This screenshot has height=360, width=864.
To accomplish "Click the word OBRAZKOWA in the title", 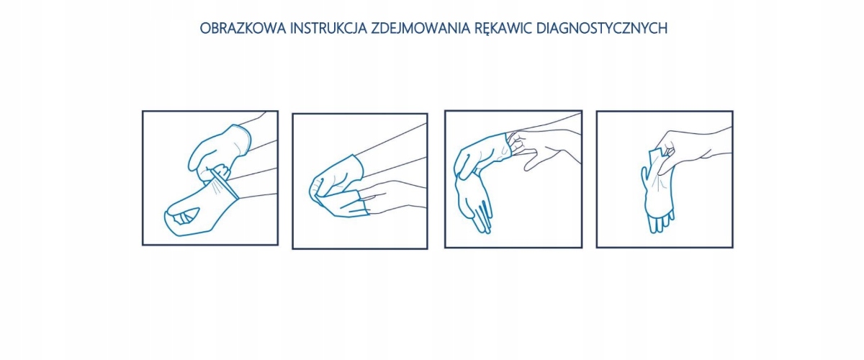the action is [243, 28].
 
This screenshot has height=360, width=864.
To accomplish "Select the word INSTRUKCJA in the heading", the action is [328, 28].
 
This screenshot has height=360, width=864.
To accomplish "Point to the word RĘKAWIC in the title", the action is [503, 29].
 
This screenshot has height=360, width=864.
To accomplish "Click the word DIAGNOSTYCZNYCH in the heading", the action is [602, 28].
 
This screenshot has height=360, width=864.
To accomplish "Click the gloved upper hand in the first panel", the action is [218, 150].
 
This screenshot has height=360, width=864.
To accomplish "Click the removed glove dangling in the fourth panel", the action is [657, 193].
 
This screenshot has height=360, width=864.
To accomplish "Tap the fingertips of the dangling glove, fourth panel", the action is [660, 223].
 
